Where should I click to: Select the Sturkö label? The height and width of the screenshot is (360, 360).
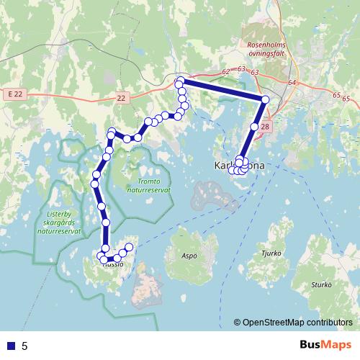321,285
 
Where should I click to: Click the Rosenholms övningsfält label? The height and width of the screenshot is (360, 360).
266,48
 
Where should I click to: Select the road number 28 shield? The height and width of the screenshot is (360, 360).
265,127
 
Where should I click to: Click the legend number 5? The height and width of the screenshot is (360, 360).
24,346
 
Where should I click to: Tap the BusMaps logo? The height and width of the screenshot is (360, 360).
323,346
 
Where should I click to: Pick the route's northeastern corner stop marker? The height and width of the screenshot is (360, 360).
265,99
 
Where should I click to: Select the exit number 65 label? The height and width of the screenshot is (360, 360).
337,95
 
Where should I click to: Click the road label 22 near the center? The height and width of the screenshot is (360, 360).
120,97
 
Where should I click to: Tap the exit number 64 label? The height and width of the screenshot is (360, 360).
292,83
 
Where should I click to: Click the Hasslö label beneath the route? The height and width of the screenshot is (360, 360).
113,264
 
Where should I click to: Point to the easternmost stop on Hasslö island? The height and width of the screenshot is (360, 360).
130,247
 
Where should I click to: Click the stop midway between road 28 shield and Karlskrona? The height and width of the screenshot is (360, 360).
254,127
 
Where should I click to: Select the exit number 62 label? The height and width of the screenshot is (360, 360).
226,71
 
